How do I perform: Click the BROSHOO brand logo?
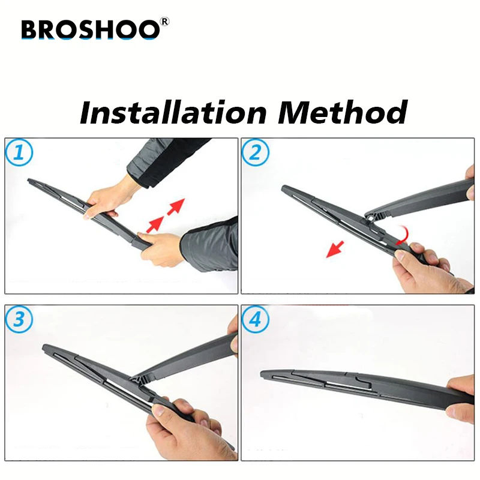coord(91,29)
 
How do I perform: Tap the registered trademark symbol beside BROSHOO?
coord(164,22)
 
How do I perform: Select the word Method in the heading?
coord(343,112)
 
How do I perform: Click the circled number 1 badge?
coord(19,152)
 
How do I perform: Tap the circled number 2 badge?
coord(256,152)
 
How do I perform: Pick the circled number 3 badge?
coord(19,319)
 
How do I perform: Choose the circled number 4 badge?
coord(256,319)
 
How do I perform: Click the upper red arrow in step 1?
coord(176,206)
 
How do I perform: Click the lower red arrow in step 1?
coord(155,224)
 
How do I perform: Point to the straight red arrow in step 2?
coord(335,249)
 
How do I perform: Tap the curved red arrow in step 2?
coord(403,236)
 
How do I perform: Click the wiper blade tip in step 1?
coord(29,181)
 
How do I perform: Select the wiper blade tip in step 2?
coord(283,187)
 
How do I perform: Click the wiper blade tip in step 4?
coord(262,373)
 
